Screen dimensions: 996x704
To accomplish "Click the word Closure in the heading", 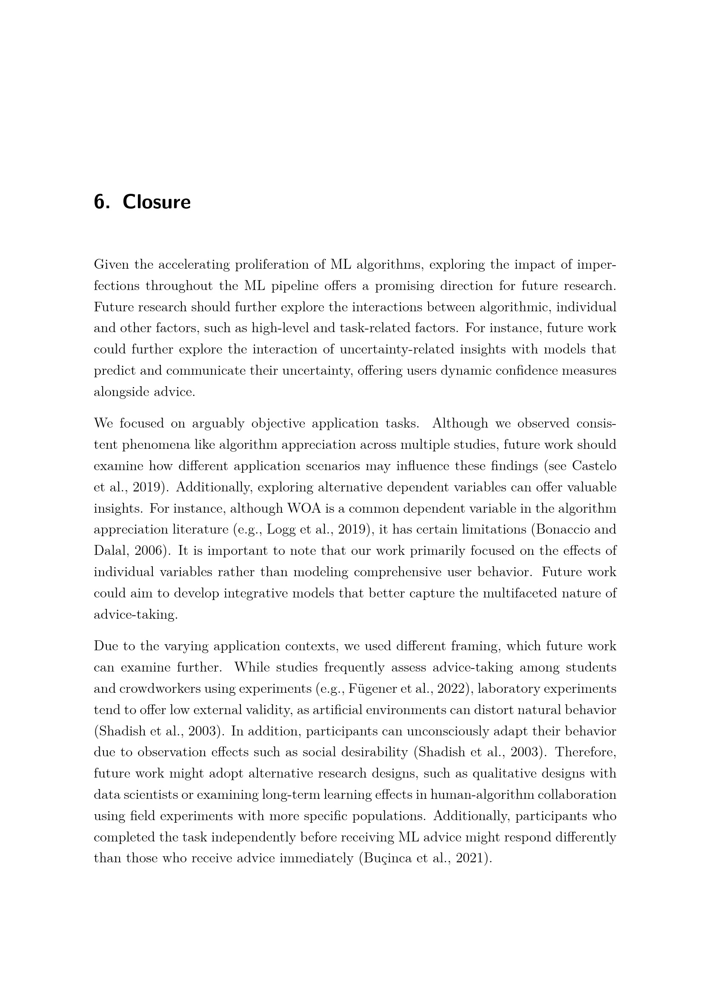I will coord(157,202).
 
